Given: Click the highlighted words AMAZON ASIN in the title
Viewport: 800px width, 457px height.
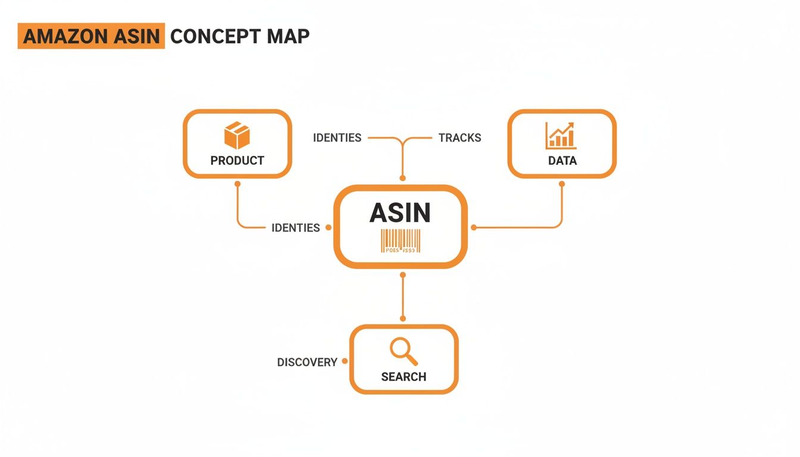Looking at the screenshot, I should pos(91,36).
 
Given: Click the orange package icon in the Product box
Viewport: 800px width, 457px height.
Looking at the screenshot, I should pos(236,136).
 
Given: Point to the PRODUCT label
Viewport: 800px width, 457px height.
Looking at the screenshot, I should pos(237,161).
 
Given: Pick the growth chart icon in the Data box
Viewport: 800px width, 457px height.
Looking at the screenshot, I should pos(561,136).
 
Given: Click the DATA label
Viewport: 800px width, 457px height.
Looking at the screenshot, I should pos(562,161).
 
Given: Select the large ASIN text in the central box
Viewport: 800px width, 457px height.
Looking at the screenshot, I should pos(400,213).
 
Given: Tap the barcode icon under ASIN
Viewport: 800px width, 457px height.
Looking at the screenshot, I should pos(400,242).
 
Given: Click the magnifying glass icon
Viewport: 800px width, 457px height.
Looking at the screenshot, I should pos(403,352).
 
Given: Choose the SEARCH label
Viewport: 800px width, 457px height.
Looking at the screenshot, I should pos(404,377).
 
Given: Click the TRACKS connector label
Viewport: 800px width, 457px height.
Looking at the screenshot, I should pos(460,138).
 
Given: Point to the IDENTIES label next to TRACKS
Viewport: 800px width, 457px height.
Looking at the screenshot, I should pos(337,138).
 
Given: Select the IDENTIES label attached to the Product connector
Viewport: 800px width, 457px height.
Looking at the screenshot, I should pos(295,228).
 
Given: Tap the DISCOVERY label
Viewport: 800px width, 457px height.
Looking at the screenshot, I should pos(307,362).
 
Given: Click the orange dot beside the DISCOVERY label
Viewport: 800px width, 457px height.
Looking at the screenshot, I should pos(345,362).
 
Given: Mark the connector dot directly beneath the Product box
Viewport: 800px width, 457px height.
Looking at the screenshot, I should pos(237,184).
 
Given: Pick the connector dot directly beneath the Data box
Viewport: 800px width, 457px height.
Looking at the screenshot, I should pos(562,184).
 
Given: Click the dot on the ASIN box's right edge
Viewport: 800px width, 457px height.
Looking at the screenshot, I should pos(474,227).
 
